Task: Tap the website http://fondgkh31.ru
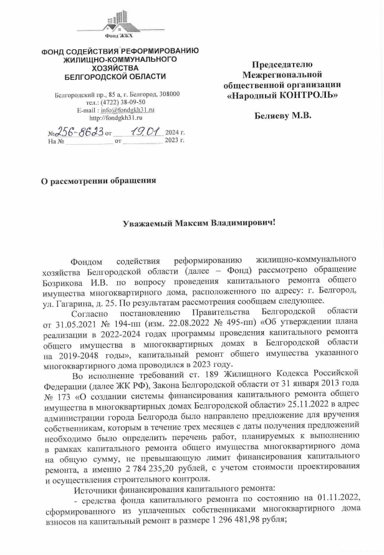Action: (117, 117)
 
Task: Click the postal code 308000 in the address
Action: (168, 94)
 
